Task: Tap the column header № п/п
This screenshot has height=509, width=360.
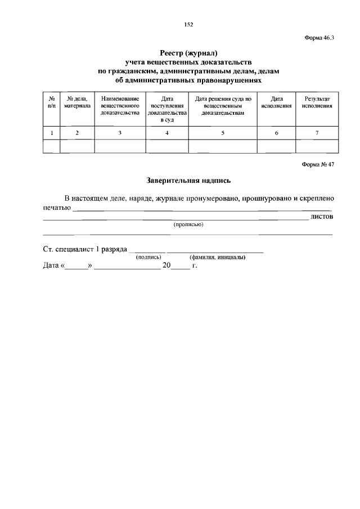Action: [52, 102]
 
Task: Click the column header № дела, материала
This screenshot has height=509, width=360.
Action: [77, 102]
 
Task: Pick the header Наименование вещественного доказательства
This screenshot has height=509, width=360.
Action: [120, 105]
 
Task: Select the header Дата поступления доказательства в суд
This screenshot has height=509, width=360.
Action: [167, 109]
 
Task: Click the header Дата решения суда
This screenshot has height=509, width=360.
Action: [222, 105]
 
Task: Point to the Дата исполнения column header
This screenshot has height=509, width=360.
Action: [276, 102]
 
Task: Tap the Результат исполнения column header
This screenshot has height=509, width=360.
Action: [317, 102]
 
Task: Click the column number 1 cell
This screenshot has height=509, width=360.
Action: [52, 133]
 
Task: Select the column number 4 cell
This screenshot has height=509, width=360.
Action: [167, 133]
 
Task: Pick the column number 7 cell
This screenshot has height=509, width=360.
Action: [317, 133]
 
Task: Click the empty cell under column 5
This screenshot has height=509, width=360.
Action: [222, 146]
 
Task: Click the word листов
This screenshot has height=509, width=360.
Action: [322, 216]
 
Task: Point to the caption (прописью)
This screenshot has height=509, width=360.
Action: [188, 224]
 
